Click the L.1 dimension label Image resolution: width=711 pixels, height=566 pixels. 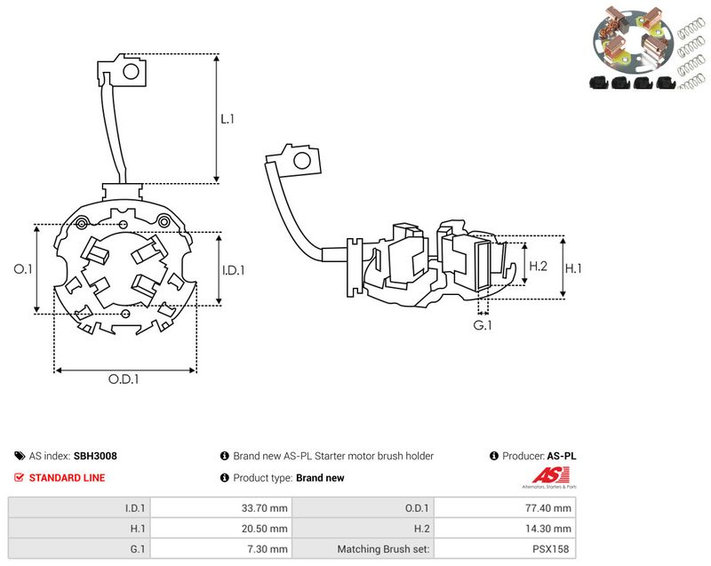pyautogui.click(x=228, y=119)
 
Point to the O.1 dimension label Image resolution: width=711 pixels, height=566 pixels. pyautogui.click(x=23, y=268)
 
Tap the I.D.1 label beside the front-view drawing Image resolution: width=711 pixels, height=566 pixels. pyautogui.click(x=233, y=270)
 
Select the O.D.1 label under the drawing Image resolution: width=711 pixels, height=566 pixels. pyautogui.click(x=124, y=379)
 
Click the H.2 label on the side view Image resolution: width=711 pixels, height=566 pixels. pyautogui.click(x=539, y=266)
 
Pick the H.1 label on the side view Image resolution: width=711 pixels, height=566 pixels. pyautogui.click(x=573, y=268)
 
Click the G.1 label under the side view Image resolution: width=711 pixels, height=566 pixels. pyautogui.click(x=483, y=325)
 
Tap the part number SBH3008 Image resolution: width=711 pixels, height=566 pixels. pyautogui.click(x=95, y=456)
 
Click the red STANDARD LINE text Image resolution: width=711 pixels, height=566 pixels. pyautogui.click(x=68, y=478)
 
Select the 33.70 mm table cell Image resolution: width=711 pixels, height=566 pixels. pyautogui.click(x=220, y=508)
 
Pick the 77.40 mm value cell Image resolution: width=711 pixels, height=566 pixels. pyautogui.click(x=505, y=508)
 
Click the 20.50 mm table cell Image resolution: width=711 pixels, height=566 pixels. pyautogui.click(x=220, y=529)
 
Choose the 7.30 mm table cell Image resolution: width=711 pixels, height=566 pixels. pyautogui.click(x=220, y=549)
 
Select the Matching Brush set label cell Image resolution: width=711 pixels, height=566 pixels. pyautogui.click(x=363, y=549)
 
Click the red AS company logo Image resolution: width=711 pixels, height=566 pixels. pyautogui.click(x=550, y=477)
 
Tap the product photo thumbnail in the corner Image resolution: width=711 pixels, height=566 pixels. pyautogui.click(x=649, y=48)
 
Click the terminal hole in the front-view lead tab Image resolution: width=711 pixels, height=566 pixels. pyautogui.click(x=131, y=71)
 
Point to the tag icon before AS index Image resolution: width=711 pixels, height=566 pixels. pyautogui.click(x=20, y=456)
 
